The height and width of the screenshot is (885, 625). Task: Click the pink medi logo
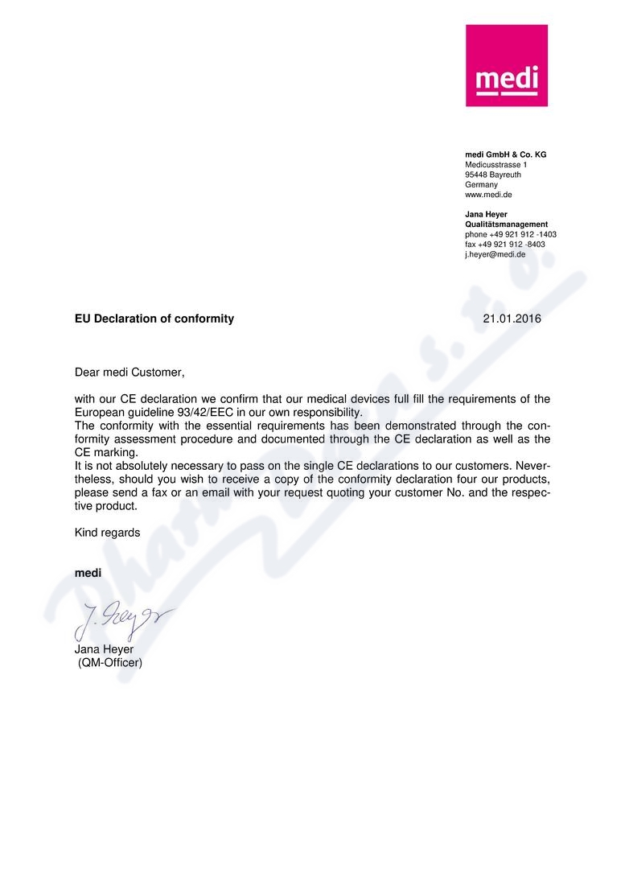coord(506,65)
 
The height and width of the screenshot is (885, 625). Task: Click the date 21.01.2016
coord(512,319)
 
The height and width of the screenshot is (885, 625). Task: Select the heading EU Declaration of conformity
coord(154,319)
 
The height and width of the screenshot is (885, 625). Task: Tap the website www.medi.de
coord(488,195)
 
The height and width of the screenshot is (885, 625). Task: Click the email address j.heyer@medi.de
coord(495,254)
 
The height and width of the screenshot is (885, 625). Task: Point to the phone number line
coord(510,234)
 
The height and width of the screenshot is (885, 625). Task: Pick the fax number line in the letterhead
coord(504,245)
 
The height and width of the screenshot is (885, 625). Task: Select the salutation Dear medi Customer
coord(130,373)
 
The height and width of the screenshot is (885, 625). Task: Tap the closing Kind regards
coord(107,533)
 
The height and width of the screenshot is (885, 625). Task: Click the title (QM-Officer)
coord(109,664)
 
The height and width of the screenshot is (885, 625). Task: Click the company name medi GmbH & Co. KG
coord(505,154)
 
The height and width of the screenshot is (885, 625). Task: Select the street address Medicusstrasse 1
coord(495,165)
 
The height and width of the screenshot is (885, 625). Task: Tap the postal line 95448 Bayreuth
coord(492,175)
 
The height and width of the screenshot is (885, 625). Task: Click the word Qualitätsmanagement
coord(506,224)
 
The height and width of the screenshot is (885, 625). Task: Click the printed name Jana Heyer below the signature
coord(104,650)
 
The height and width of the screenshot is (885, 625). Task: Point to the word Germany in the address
coord(481,184)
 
